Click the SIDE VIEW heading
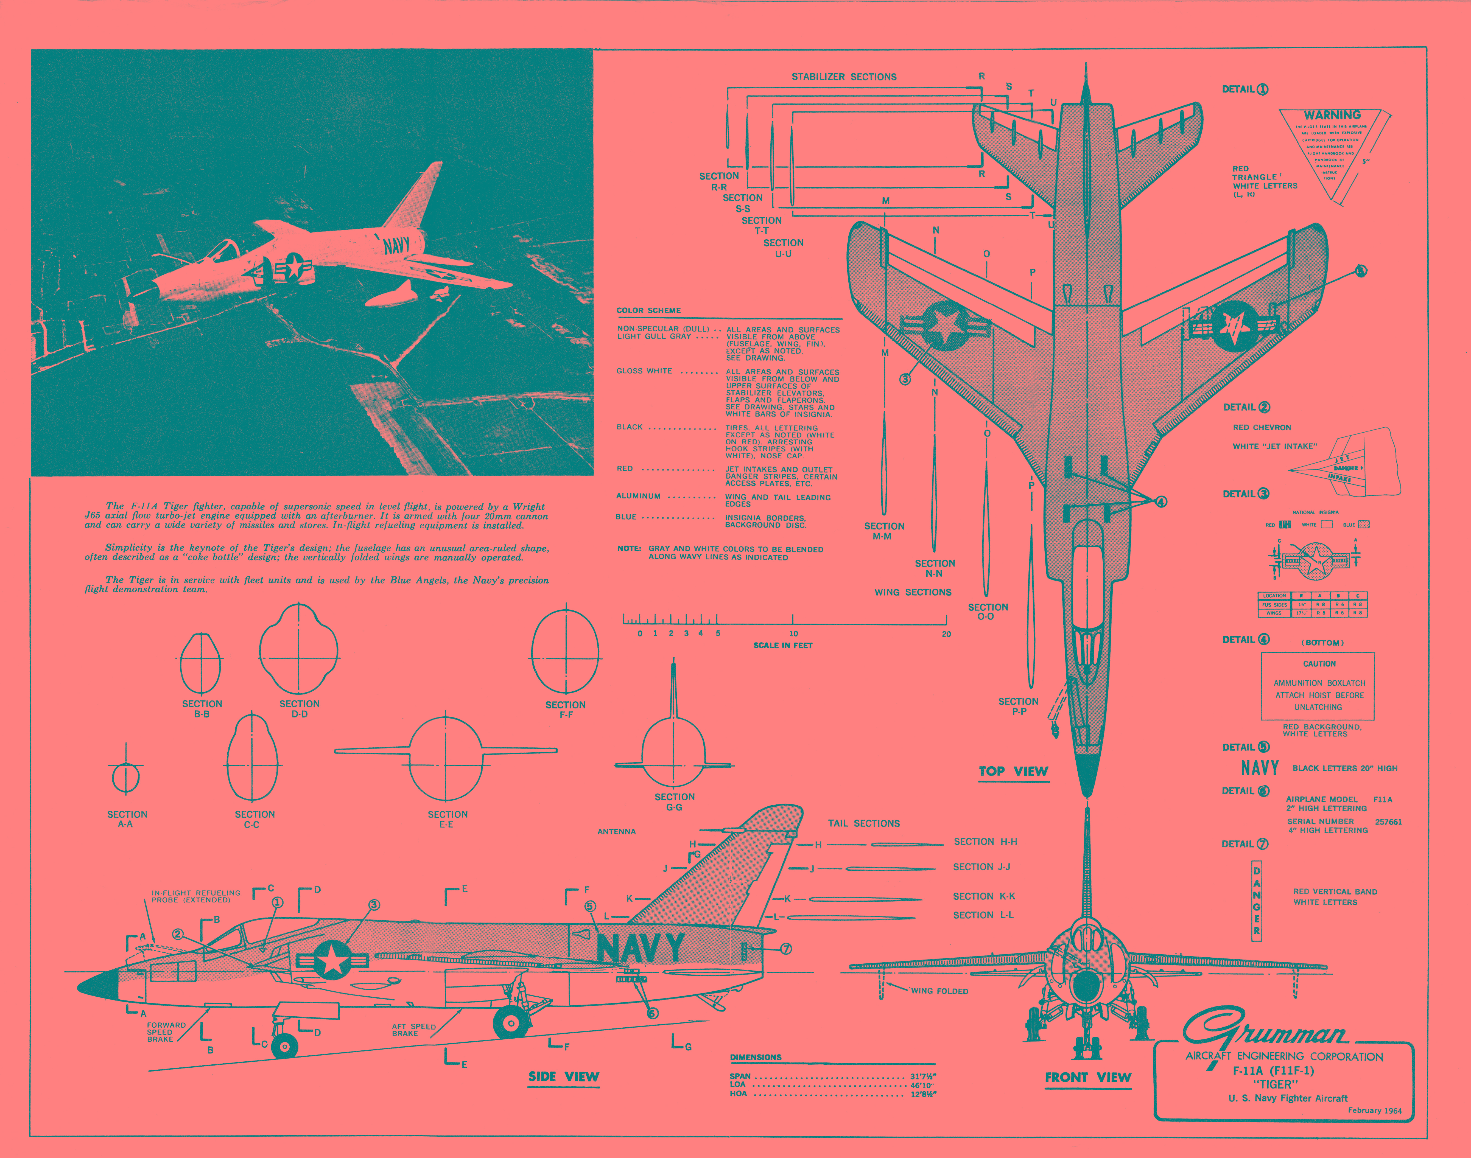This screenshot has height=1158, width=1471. click(x=564, y=1077)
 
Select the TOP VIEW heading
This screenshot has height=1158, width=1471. click(x=1013, y=771)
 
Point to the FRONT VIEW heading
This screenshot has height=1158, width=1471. click(x=1088, y=1077)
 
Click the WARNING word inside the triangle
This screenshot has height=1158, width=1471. click(x=1332, y=115)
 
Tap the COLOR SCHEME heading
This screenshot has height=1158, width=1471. click(x=648, y=310)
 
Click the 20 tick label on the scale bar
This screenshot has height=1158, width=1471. click(x=946, y=634)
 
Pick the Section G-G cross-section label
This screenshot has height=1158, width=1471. click(x=674, y=802)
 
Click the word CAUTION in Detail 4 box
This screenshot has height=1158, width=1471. click(x=1319, y=664)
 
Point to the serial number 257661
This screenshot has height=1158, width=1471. click(x=1388, y=822)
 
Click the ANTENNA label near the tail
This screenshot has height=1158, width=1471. click(x=616, y=831)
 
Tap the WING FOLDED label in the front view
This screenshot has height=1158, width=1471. click(x=939, y=991)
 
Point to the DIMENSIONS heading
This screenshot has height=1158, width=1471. click(x=756, y=1057)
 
